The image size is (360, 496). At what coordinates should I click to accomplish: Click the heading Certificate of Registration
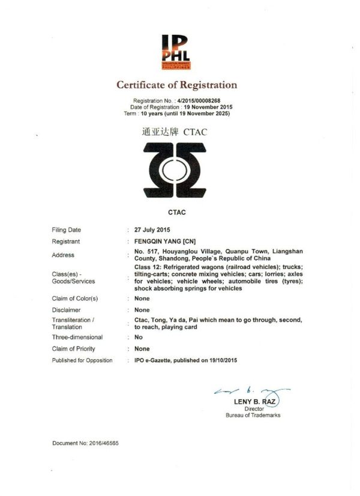tap(176, 85)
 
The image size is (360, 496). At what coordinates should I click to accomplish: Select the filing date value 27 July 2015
tap(152, 230)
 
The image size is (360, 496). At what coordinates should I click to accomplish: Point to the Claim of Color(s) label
tap(75, 298)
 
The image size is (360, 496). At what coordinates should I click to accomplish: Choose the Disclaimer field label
tap(67, 310)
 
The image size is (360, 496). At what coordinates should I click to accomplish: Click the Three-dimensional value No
tap(139, 337)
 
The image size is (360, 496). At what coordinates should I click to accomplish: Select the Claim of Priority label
tap(73, 349)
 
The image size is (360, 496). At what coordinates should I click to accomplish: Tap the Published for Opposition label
tap(82, 360)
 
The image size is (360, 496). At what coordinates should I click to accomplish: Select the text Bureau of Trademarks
tap(253, 415)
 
